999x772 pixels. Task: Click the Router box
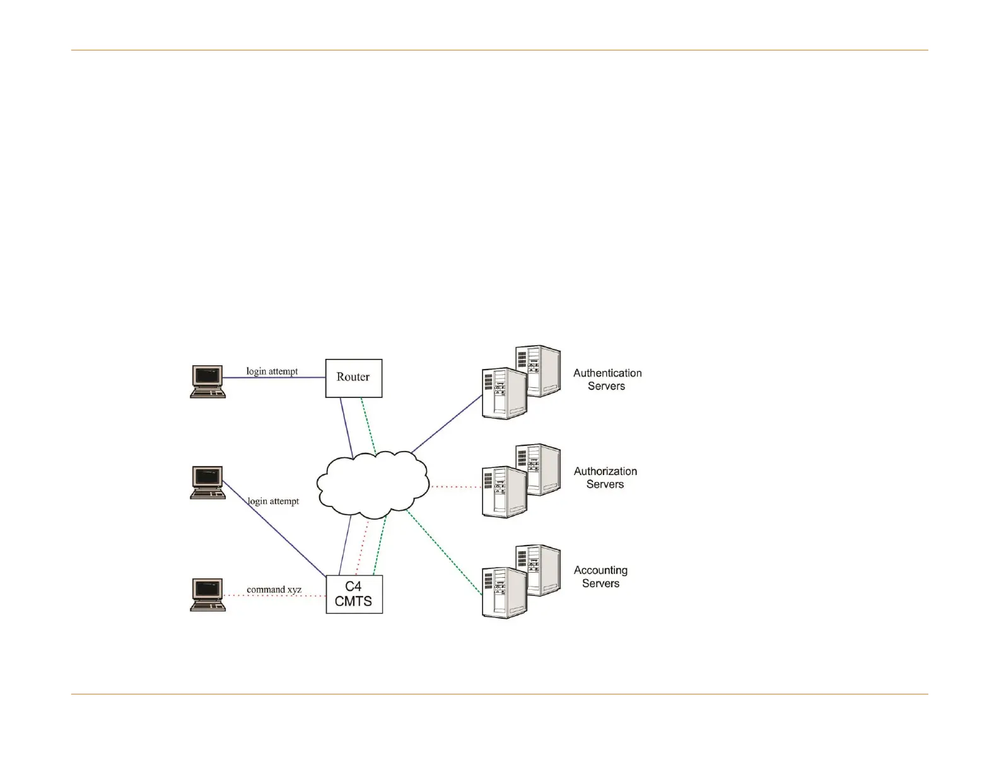point(353,378)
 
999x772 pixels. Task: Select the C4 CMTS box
point(354,594)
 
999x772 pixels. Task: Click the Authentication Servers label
point(607,380)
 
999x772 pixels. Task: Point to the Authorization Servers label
point(605,477)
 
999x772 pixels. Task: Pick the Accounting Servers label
point(600,576)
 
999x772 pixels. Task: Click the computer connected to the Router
point(207,382)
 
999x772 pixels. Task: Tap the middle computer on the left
point(207,482)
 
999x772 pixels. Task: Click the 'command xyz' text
point(274,590)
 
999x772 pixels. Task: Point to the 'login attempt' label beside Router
point(272,371)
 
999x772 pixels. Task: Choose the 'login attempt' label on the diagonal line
point(273,501)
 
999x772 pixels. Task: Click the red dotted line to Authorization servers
point(455,487)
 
